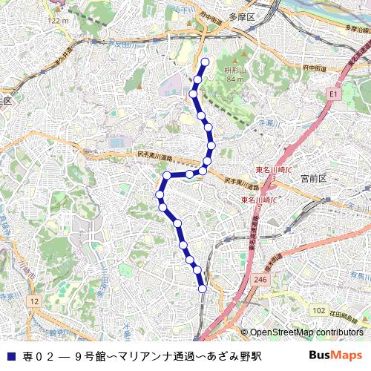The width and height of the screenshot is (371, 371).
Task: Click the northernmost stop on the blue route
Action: click(206, 62)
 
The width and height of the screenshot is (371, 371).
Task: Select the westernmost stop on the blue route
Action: click(159, 194)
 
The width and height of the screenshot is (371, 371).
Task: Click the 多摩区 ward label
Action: click(241, 16)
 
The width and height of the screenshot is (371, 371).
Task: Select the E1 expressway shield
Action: click(332, 94)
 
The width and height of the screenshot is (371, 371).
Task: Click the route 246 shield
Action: click(260, 278)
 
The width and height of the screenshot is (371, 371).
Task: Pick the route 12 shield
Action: click(35, 301)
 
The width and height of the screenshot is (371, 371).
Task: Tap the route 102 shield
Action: click(318, 309)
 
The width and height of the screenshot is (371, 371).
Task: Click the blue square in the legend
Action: click(9, 355)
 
